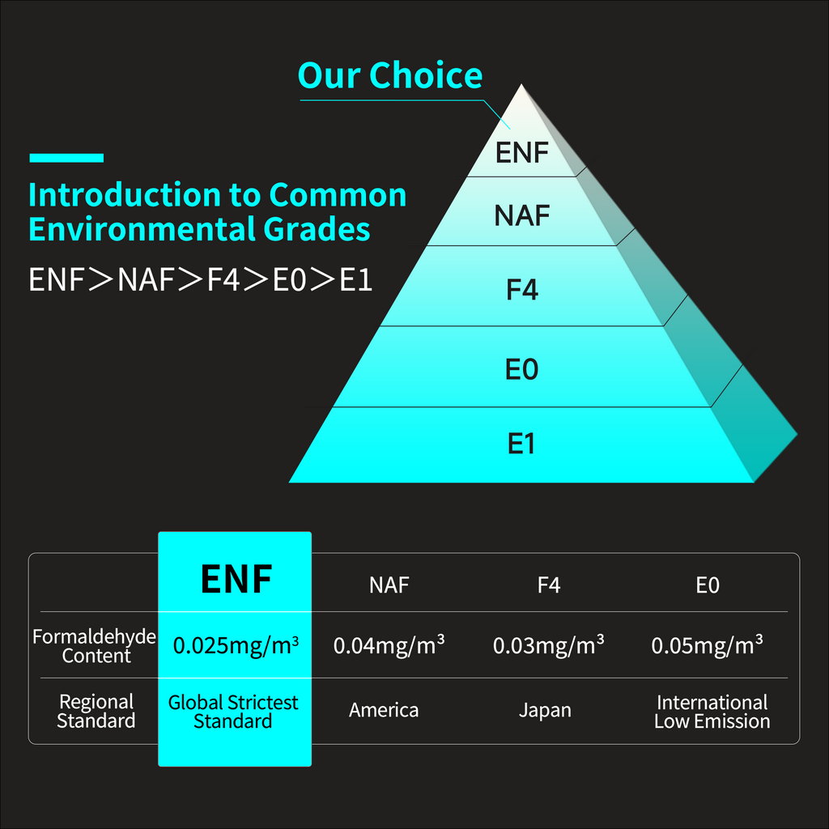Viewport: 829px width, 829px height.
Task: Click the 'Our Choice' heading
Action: [x=390, y=76]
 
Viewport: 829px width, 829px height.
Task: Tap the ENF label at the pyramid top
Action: [x=522, y=153]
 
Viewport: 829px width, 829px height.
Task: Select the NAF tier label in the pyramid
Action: [x=522, y=216]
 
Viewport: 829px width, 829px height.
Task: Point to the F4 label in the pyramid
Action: [x=522, y=289]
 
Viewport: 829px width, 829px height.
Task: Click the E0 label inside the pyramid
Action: [x=522, y=370]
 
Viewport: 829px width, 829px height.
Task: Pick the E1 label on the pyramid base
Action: [x=522, y=444]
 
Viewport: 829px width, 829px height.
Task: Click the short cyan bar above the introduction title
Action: [x=66, y=158]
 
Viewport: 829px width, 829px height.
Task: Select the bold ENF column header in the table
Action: [x=236, y=579]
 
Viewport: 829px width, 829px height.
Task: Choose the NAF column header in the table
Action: [x=389, y=585]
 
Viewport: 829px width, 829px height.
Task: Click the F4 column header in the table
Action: [x=549, y=585]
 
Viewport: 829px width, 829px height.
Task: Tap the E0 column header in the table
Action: [x=708, y=585]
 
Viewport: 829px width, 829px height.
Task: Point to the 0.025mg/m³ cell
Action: [x=236, y=645]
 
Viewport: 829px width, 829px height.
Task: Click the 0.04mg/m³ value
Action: [x=389, y=645]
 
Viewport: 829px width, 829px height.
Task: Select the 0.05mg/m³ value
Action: [x=708, y=645]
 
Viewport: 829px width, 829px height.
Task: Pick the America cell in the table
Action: [x=384, y=710]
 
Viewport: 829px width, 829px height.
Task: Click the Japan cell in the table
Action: [x=545, y=710]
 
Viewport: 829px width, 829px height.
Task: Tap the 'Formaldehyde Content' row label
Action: [x=95, y=646]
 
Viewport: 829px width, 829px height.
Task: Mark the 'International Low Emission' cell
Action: [x=712, y=712]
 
